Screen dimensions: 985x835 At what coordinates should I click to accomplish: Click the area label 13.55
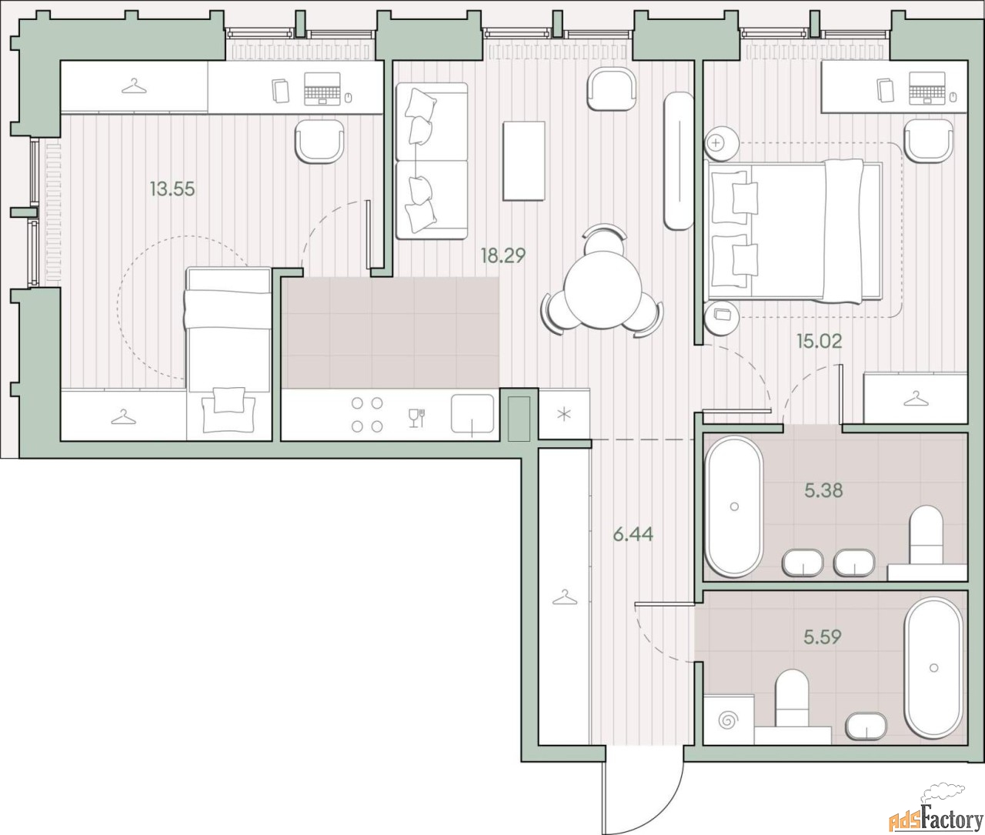172,189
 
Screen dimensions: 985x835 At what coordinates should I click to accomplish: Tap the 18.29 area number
503,256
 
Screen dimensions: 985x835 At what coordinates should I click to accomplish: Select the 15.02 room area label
819,341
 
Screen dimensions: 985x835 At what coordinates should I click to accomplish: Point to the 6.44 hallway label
633,535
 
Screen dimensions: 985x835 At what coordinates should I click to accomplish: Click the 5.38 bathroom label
823,490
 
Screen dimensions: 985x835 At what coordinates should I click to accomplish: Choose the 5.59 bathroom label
823,636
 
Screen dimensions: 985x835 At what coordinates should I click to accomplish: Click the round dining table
602,290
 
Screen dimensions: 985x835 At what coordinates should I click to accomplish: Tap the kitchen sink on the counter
472,414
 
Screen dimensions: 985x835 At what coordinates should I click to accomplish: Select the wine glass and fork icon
416,418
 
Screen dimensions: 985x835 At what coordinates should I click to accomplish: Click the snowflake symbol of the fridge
564,414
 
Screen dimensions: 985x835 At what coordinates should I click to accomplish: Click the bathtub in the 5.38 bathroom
734,506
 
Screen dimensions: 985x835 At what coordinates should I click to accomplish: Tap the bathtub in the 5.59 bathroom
933,668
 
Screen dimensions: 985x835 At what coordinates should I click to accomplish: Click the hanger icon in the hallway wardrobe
565,597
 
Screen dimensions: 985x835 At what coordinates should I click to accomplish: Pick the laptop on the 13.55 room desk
322,89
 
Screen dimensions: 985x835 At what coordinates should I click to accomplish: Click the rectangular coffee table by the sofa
524,161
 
